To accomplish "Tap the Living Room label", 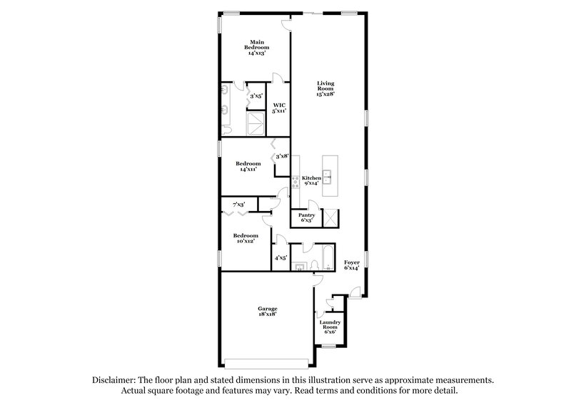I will pos(325,88).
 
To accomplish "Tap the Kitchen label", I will pos(312,181).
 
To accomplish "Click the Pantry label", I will pos(307,217).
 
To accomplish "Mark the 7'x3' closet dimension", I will pos(238,204).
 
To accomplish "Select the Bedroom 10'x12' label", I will pos(245,238).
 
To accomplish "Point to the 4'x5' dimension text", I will pos(281,258).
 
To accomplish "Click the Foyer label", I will pos(352,265).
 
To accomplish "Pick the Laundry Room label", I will pos(330,326).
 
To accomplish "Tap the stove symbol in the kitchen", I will pos(294,181).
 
